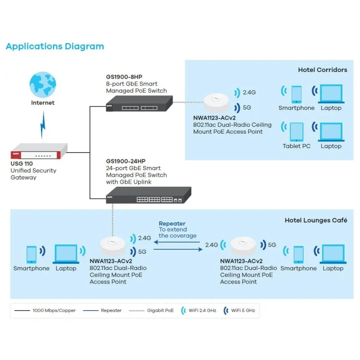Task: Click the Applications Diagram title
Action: [x=54, y=46]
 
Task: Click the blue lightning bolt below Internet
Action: [x=43, y=125]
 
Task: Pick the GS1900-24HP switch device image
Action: [x=148, y=196]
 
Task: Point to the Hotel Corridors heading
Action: [x=322, y=70]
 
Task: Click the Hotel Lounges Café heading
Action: [x=316, y=220]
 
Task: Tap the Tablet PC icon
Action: [x=297, y=132]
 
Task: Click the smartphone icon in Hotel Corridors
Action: [x=297, y=94]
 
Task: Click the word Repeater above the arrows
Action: [x=172, y=224]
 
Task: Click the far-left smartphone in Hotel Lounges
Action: [x=31, y=255]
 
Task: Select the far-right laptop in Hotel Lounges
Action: [x=333, y=254]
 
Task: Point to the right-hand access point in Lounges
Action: [x=243, y=247]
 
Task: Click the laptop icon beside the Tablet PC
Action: [x=331, y=132]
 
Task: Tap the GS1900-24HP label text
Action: [x=126, y=161]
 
